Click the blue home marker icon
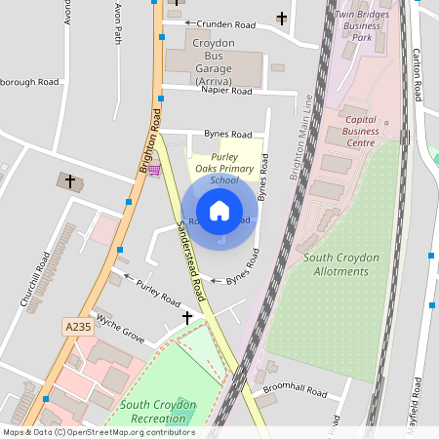point(219,211)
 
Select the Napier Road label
point(226,91)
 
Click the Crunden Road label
point(225,23)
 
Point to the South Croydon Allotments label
point(341,263)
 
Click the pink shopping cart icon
point(154,169)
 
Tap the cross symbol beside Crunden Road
point(282,19)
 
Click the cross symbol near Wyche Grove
point(187,318)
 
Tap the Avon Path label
point(118,21)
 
